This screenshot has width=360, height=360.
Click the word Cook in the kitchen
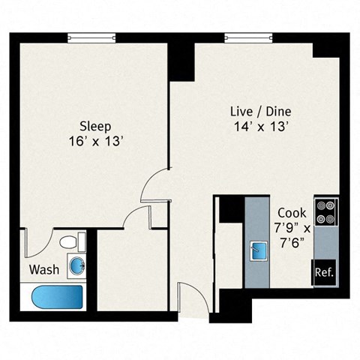pyautogui.click(x=290, y=212)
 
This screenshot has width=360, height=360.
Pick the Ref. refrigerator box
pyautogui.click(x=325, y=271)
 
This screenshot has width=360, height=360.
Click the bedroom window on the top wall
pyautogui.click(x=91, y=37)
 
